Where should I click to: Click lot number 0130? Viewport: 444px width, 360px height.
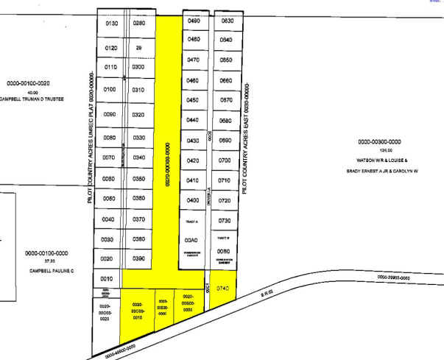tap(112, 24)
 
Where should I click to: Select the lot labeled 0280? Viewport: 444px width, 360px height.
tap(139, 24)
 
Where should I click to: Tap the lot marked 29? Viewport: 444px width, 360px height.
tap(139, 48)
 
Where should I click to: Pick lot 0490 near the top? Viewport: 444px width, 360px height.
tap(194, 21)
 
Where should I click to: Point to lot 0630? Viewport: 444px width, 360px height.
tap(226, 21)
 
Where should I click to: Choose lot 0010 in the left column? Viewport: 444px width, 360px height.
tap(106, 279)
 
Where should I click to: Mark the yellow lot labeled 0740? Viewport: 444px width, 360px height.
tap(225, 289)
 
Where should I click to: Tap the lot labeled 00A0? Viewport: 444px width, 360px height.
tap(192, 240)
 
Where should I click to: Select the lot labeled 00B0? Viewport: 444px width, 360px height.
tap(225, 251)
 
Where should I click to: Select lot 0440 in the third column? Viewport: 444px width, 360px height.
tap(194, 120)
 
